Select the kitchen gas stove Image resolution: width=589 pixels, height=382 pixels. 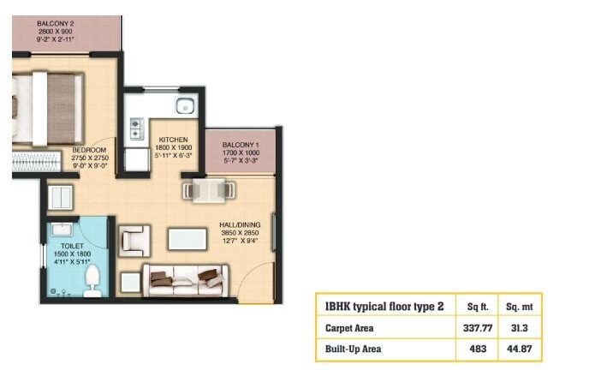135,128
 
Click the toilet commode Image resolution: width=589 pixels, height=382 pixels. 94,276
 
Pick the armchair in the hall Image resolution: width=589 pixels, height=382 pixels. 134,240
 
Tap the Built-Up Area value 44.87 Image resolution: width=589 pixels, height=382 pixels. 521,349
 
